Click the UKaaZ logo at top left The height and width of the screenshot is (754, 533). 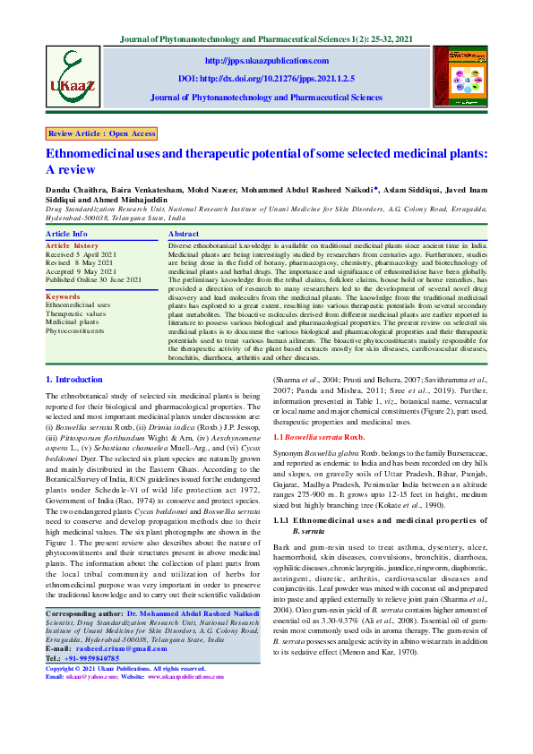pos(72,74)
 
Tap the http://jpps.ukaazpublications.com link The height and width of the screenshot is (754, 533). pos(265,60)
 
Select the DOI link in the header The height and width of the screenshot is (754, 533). pos(265,78)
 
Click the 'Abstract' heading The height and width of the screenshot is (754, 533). pos(184,233)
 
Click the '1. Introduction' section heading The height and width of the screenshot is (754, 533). pos(73,380)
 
